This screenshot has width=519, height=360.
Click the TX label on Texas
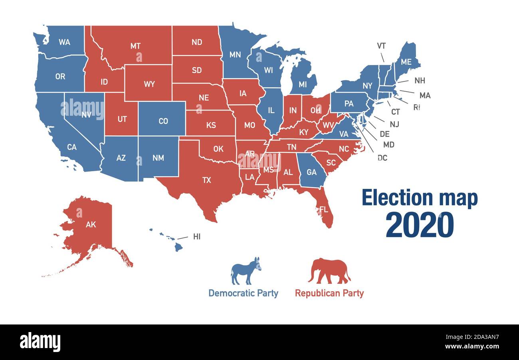coord(206,180)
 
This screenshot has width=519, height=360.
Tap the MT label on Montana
coord(135,46)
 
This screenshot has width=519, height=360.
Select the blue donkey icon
coord(246,271)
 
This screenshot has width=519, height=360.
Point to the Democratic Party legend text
coord(243,293)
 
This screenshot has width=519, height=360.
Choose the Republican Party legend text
coord(329,293)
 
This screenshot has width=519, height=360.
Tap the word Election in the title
coord(396,198)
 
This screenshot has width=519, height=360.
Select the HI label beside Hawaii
coord(197,237)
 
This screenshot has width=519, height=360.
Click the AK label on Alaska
coord(91,224)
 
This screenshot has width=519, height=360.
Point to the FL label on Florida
coord(323,209)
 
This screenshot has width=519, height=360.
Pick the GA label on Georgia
coord(311,172)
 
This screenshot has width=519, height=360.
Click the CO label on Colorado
coord(163,121)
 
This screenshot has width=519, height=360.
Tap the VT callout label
coord(381,46)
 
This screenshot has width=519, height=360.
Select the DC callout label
coord(382,158)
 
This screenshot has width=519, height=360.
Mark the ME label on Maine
coord(406,62)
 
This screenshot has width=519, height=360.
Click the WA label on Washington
coord(64,42)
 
